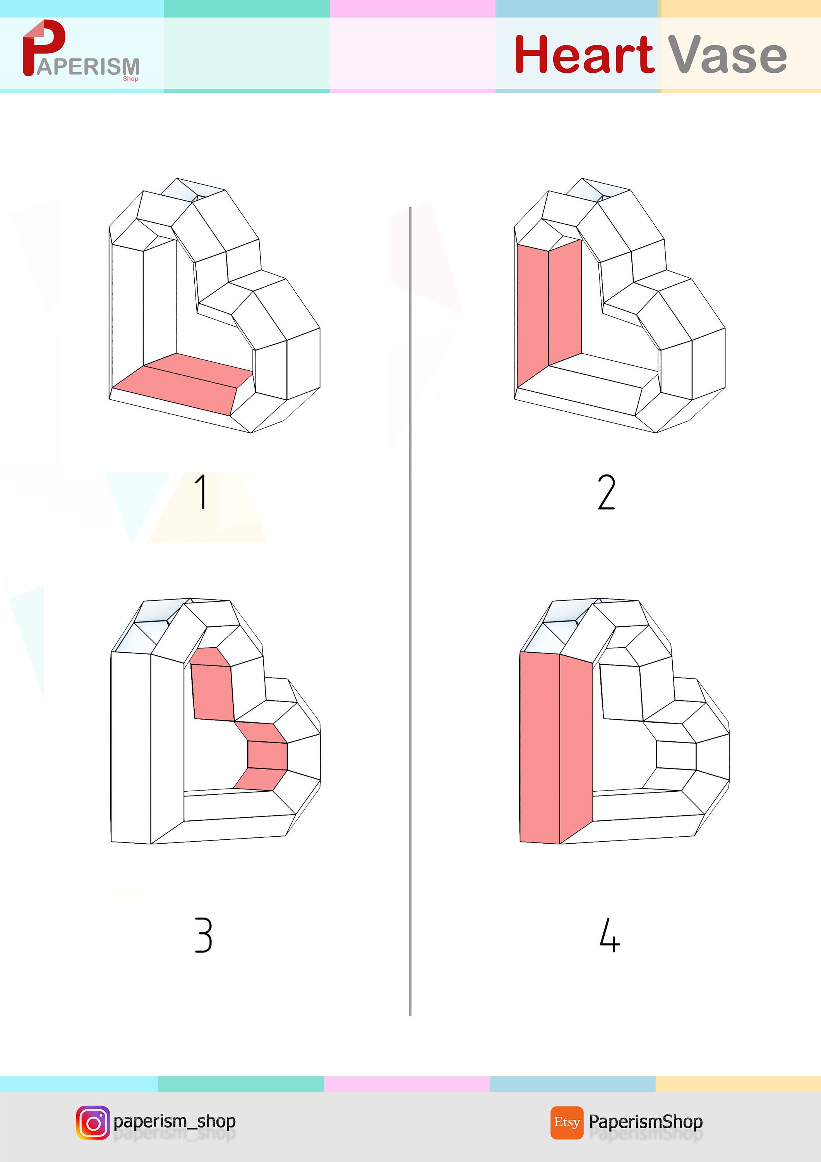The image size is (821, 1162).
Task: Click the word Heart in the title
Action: [x=584, y=54]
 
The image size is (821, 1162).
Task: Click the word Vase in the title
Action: [x=727, y=55]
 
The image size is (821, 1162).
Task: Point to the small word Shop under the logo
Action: [x=130, y=79]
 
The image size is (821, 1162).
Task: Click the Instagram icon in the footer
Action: [x=93, y=1122]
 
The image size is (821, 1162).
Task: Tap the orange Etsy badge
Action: [x=567, y=1122]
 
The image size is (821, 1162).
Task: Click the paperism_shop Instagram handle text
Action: [x=175, y=1121]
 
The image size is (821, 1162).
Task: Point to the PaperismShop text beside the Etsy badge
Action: [x=646, y=1121]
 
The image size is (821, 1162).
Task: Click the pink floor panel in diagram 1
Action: [x=182, y=383]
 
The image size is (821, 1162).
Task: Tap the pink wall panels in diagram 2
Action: [x=548, y=309]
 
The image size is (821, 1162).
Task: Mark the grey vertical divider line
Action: [x=410, y=607]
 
